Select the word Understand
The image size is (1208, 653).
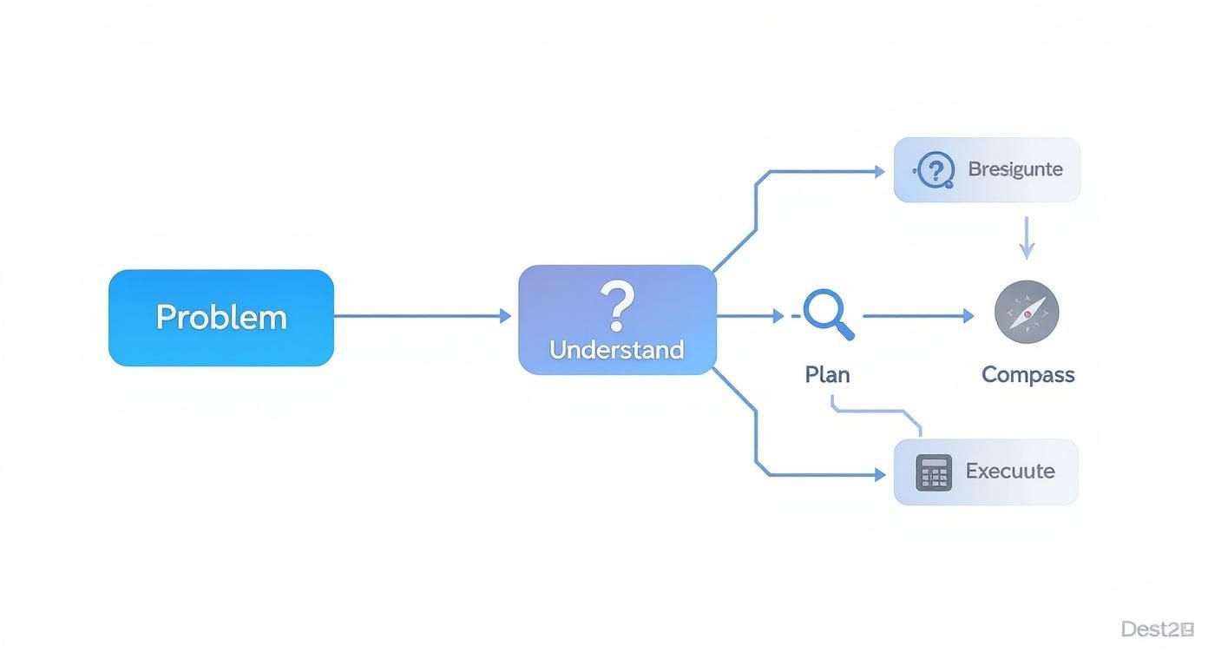pyautogui.click(x=617, y=350)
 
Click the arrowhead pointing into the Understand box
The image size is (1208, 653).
pyautogui.click(x=506, y=316)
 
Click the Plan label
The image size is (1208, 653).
pyautogui.click(x=827, y=374)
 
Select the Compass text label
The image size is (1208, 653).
pyautogui.click(x=1027, y=374)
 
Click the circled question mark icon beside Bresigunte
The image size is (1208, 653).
pyautogui.click(x=935, y=169)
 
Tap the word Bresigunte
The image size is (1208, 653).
pyautogui.click(x=1014, y=169)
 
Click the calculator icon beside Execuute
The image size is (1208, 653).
pyautogui.click(x=934, y=472)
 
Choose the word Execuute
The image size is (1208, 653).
pyautogui.click(x=1010, y=472)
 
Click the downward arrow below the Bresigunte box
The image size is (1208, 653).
pyautogui.click(x=1027, y=238)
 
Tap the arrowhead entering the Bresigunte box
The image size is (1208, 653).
pyautogui.click(x=879, y=172)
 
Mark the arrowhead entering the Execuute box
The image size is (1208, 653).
pyautogui.click(x=879, y=475)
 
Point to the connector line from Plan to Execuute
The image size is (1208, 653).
pyautogui.click(x=876, y=410)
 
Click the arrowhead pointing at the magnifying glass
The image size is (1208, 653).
pyautogui.click(x=778, y=317)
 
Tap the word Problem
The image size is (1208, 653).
pyautogui.click(x=220, y=317)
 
